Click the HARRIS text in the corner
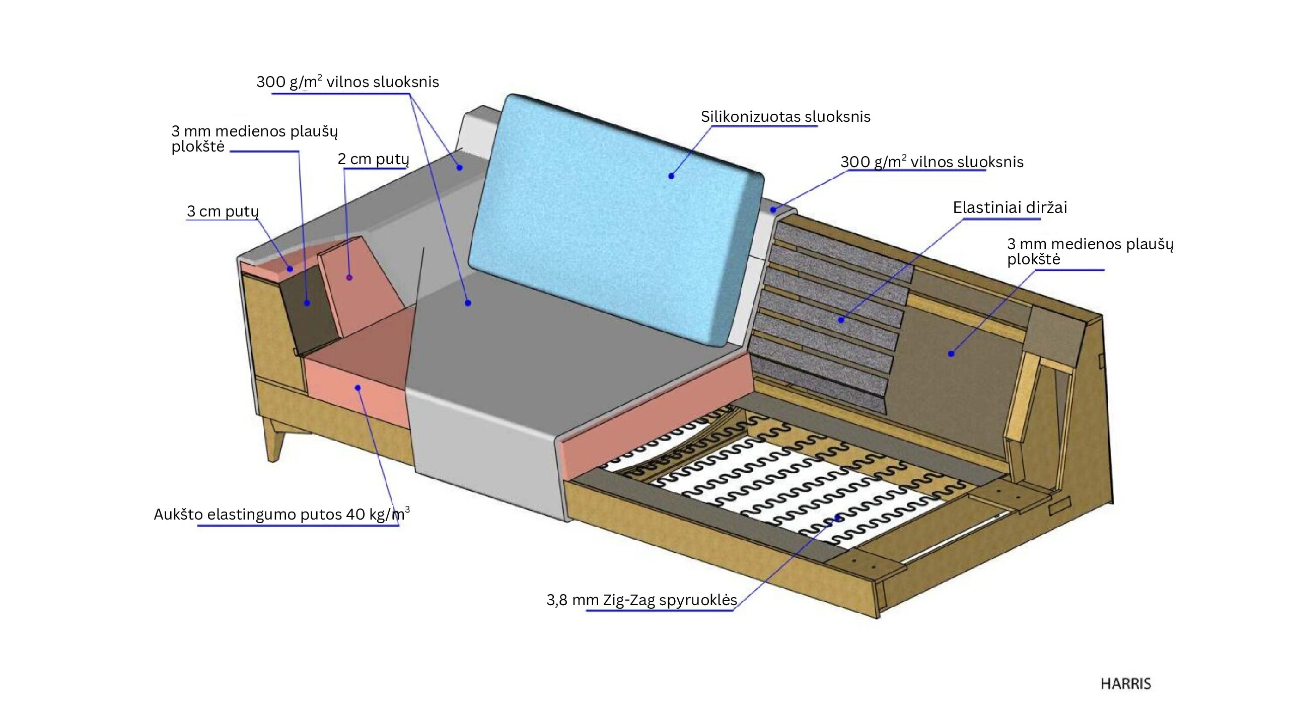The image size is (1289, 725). [x=1125, y=684]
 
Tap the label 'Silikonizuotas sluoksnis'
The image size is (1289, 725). [x=785, y=117]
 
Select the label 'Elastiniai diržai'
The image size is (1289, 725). [x=1010, y=207]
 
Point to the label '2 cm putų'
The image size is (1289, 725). [x=373, y=159]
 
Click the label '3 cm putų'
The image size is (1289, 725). [x=223, y=211]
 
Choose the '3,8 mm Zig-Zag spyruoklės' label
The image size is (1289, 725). [x=641, y=600]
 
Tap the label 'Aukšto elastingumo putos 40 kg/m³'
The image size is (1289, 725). [x=281, y=515]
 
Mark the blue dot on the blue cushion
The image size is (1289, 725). [x=671, y=176]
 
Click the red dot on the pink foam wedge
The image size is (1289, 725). [x=349, y=277]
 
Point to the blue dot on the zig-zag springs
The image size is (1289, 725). [x=837, y=518]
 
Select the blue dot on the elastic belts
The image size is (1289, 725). [x=841, y=320]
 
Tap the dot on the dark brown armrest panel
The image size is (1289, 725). [x=307, y=303]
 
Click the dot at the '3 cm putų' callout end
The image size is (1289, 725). [x=290, y=269]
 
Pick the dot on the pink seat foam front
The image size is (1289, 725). [x=357, y=387]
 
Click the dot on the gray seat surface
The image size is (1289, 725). [x=468, y=303]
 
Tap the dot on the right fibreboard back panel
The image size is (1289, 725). [x=951, y=354]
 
